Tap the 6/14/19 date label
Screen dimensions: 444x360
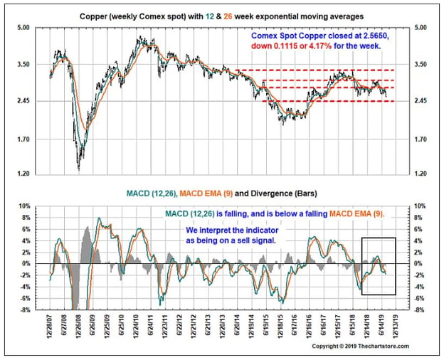tap(383, 324)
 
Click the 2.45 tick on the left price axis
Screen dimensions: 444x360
tap(23, 101)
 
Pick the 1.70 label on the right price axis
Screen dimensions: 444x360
tap(420, 139)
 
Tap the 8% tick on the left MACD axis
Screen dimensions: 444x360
tap(26, 218)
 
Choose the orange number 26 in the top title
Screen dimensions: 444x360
tap(228, 16)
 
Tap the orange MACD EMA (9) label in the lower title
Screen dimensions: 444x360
tap(206, 194)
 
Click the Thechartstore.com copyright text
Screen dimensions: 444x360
tap(384, 346)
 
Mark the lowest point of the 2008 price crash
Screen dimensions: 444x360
tap(79, 170)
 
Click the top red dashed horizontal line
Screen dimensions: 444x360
tap(314, 70)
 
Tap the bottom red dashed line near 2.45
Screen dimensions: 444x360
tap(329, 101)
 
